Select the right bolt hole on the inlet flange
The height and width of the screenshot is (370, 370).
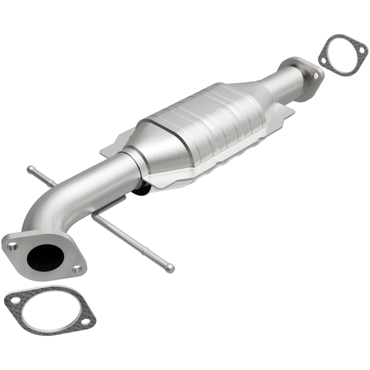click(x=76, y=270)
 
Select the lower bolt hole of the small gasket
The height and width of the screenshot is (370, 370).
click(x=323, y=60)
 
